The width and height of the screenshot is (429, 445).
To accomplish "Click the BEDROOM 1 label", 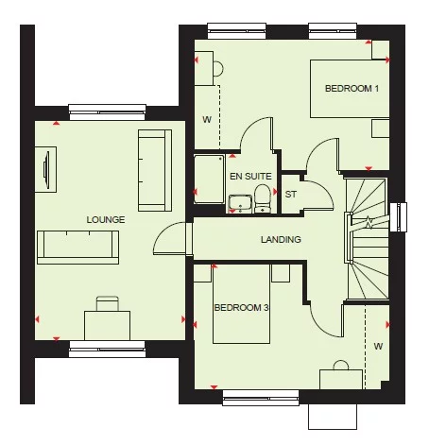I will click(x=352, y=89).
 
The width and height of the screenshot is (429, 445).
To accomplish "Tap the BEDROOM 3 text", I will click(x=241, y=308).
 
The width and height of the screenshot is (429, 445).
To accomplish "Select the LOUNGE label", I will click(x=106, y=219).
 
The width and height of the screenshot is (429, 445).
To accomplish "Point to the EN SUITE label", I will click(x=250, y=176).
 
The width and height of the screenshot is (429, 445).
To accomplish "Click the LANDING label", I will click(x=281, y=240).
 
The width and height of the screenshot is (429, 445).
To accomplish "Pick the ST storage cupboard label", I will click(x=291, y=195).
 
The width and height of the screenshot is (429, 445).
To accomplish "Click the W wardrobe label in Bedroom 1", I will click(x=206, y=120).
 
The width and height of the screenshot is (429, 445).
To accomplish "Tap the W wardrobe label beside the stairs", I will click(x=378, y=346).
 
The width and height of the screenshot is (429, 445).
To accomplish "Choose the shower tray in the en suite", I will click(x=208, y=179).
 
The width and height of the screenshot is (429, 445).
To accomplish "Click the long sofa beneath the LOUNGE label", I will click(x=77, y=246).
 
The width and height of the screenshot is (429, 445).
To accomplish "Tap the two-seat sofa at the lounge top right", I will click(x=155, y=170).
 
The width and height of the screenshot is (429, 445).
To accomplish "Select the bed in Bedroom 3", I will click(x=242, y=304).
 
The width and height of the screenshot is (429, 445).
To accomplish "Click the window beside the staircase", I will click(x=399, y=216).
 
